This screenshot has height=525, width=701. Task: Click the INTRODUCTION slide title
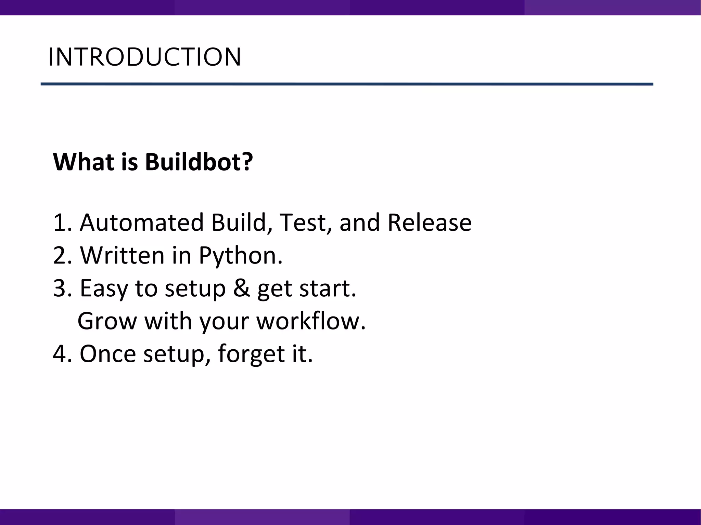coord(144,57)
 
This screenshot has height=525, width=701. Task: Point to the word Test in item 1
coord(302,223)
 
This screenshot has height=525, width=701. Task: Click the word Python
coord(240,256)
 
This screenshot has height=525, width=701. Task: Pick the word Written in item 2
coord(122,255)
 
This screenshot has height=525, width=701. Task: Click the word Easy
coord(104,288)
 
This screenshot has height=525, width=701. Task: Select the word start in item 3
coord(327,288)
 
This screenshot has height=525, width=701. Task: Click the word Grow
coord(107,321)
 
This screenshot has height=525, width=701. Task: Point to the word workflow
coord(310,321)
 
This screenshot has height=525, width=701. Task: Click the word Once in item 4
coord(108,354)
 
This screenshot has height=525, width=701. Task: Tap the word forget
coord(251,354)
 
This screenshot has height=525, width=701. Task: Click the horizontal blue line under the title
coord(346,84)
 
